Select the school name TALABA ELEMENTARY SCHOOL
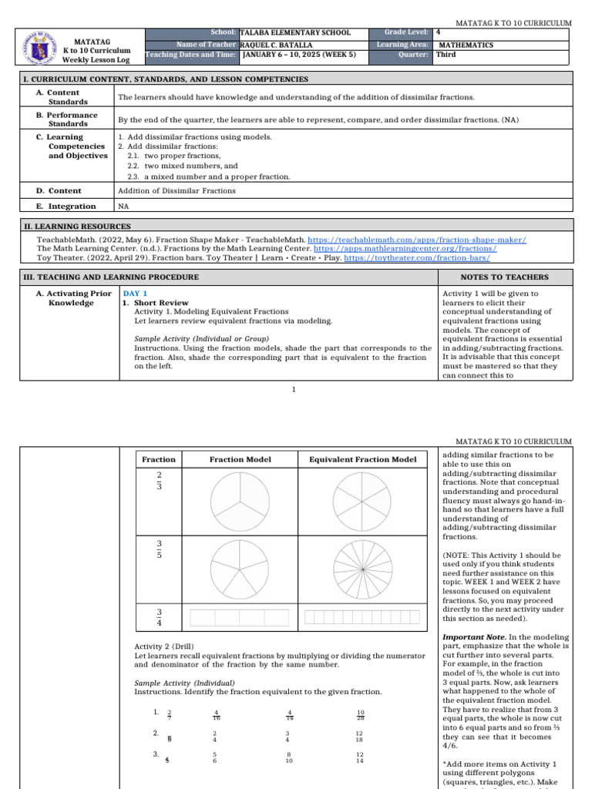coord(295,33)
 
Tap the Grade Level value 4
coord(438,33)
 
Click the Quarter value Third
coord(446,55)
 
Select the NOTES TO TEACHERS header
coord(504,277)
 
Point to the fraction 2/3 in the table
coord(160,482)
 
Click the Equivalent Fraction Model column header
coord(362,460)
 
